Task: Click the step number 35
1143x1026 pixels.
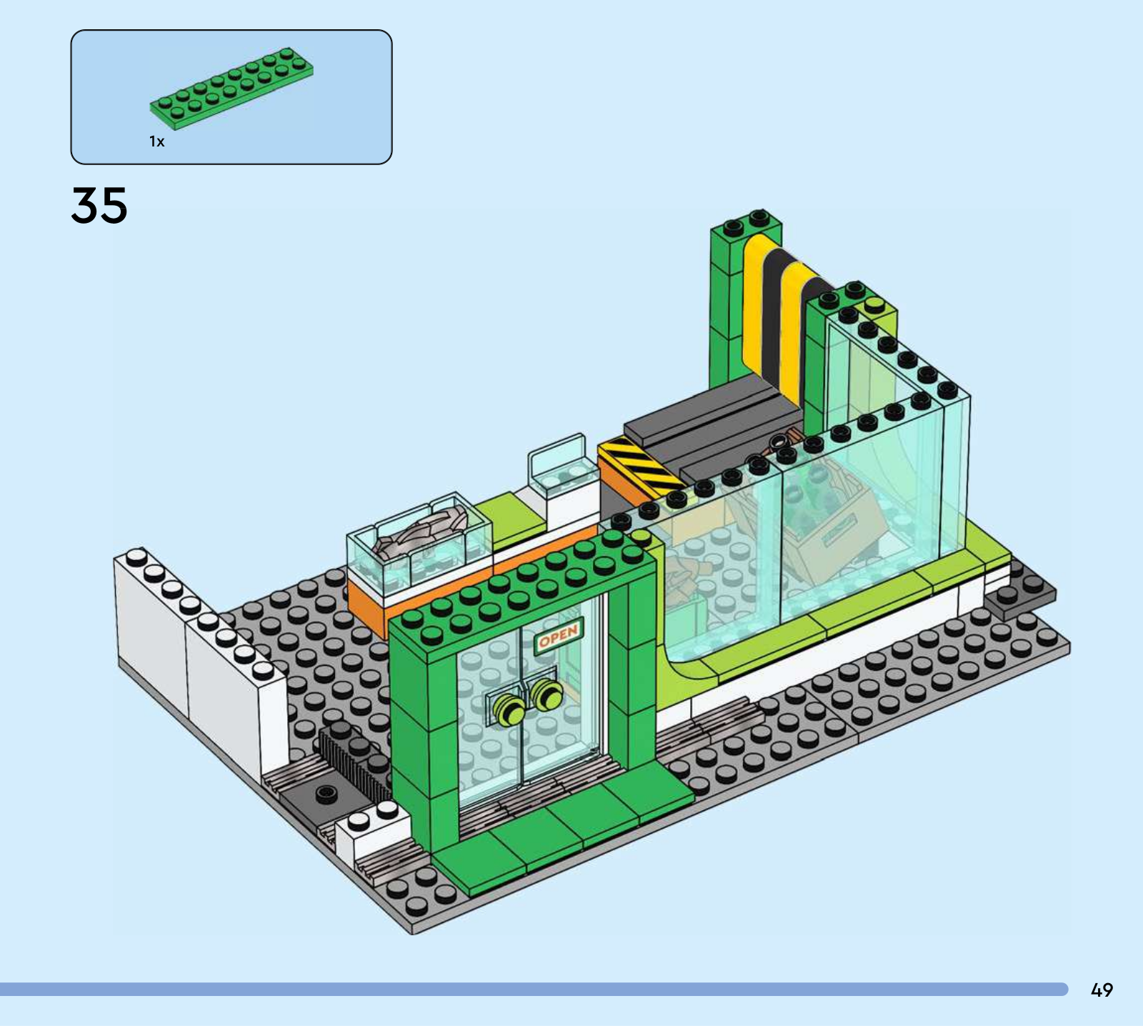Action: coord(99,205)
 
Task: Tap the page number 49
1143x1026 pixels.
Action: coord(1102,990)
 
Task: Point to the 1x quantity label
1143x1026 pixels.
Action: coord(157,141)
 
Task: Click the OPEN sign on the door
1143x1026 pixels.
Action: coord(559,634)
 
